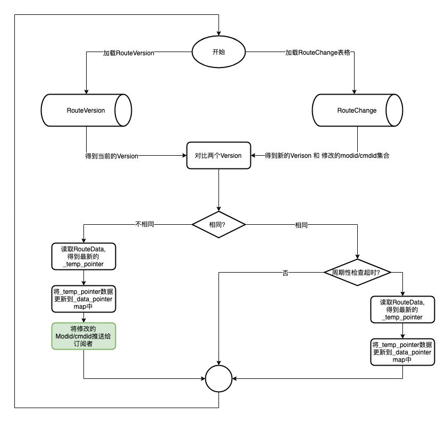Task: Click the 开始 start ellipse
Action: [218, 52]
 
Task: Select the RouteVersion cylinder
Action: [86, 111]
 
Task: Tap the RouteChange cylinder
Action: [357, 111]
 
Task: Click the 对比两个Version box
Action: [218, 156]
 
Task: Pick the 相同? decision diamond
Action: [218, 225]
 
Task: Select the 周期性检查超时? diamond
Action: [357, 272]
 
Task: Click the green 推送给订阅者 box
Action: [83, 336]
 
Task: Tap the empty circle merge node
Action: [218, 378]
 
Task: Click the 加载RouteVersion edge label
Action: [128, 53]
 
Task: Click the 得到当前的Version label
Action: [112, 156]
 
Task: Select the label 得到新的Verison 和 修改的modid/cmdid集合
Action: [327, 156]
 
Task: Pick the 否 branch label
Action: [285, 273]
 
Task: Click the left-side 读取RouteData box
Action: [83, 256]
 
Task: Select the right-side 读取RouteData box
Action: [402, 309]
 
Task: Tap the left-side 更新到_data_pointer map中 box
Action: [83, 300]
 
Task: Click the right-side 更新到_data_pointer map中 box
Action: [402, 352]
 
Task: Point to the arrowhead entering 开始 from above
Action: [218, 33]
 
